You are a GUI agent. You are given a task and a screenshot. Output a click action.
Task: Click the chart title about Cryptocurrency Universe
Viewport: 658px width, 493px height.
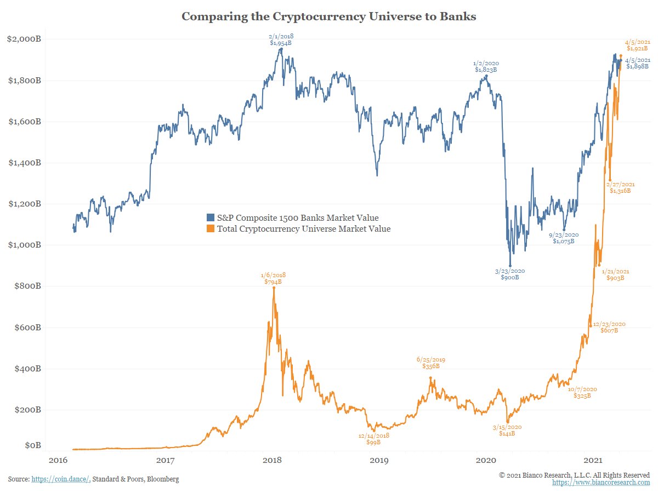[x=328, y=16]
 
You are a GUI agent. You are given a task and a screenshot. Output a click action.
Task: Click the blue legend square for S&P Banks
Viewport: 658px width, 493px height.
[x=211, y=217]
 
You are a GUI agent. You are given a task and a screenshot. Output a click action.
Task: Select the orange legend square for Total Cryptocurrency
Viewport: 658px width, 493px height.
[x=211, y=229]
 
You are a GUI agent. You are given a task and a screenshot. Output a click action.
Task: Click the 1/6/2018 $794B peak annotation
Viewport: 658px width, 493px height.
[x=273, y=278]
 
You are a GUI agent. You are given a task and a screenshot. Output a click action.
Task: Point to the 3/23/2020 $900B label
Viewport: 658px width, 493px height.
[x=509, y=274]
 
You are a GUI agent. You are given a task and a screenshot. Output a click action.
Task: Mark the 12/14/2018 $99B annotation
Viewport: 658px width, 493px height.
[x=373, y=438]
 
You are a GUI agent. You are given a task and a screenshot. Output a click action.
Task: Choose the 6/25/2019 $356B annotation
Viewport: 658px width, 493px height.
[x=430, y=363]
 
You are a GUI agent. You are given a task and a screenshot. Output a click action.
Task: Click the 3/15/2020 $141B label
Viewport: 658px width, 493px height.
[x=507, y=430]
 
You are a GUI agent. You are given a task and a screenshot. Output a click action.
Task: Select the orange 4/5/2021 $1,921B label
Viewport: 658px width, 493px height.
[x=637, y=45]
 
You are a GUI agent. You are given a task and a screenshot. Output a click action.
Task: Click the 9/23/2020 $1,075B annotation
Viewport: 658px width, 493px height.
[x=563, y=238]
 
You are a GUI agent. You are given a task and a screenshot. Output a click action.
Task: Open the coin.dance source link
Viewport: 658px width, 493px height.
[x=60, y=479]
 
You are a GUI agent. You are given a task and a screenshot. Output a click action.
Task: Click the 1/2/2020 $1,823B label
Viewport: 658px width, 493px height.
[x=485, y=66]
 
